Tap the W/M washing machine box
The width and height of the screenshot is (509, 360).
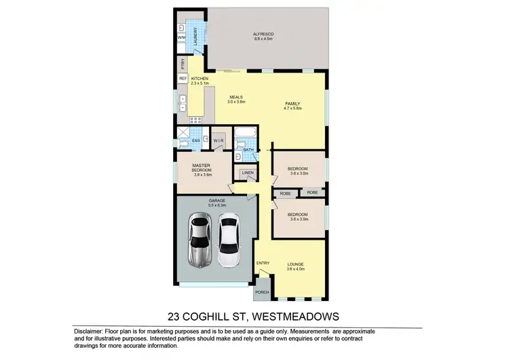point(182,38)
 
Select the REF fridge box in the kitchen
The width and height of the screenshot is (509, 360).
point(183,79)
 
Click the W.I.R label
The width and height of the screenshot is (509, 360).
point(219,141)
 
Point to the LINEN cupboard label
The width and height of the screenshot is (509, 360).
point(248,173)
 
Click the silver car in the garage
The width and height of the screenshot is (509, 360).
point(200,240)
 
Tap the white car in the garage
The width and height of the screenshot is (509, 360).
point(229,240)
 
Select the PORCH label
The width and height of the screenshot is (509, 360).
point(262,292)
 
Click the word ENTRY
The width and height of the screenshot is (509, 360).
point(263,263)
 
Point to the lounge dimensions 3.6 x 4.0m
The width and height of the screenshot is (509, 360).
point(296,269)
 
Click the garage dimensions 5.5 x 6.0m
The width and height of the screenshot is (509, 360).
point(217,205)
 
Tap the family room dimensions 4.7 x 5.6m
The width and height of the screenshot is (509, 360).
point(293,108)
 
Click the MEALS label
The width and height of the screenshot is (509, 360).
point(236,96)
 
